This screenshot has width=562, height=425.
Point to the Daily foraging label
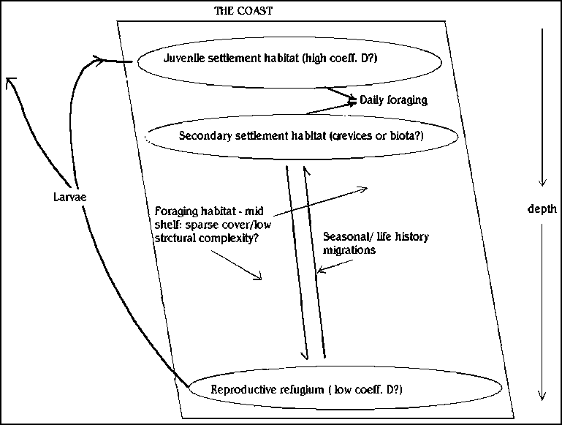click(x=393, y=99)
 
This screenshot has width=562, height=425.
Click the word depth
click(x=542, y=209)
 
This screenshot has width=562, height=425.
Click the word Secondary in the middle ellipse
click(x=201, y=135)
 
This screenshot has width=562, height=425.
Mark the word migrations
click(x=349, y=249)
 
